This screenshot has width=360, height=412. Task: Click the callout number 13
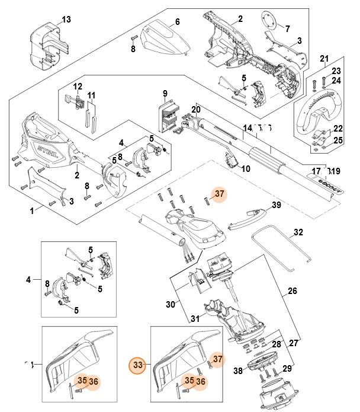[x=66, y=20]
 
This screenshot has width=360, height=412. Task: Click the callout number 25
[x=337, y=140]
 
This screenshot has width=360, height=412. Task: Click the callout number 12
[x=78, y=87]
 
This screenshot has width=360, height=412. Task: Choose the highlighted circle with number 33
[x=138, y=363]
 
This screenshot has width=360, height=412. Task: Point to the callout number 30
[x=171, y=305]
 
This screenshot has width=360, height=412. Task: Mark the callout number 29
[x=287, y=369]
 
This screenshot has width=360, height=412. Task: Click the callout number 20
[x=197, y=109]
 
